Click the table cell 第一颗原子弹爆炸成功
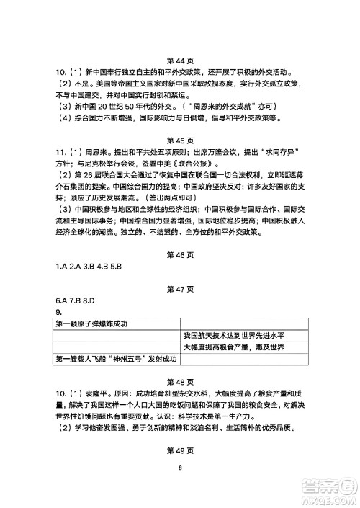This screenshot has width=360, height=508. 91,324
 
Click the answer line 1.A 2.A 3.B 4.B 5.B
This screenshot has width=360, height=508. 90,267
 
